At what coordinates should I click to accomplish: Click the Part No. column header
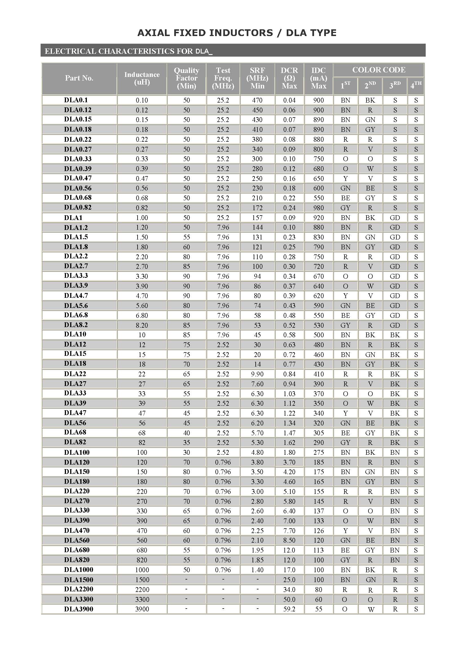(79, 78)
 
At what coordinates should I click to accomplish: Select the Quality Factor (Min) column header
(186, 78)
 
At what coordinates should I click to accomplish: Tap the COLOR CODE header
(379, 70)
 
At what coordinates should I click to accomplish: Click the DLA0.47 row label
(78, 178)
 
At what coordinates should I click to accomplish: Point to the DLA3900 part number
(79, 609)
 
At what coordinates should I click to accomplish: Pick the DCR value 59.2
(289, 609)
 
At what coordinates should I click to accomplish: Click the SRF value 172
(257, 208)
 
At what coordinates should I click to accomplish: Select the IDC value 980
(318, 208)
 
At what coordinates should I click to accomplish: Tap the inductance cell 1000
(142, 570)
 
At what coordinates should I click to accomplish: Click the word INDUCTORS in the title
(241, 33)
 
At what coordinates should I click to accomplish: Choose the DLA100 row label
(77, 452)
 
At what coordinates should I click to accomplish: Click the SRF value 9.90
(257, 374)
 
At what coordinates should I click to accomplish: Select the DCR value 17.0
(289, 570)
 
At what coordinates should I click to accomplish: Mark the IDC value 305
(318, 433)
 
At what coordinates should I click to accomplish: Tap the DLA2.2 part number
(76, 256)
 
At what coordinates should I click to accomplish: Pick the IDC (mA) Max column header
(318, 78)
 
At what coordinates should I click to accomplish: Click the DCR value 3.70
(289, 462)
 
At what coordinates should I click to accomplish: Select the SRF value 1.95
(257, 550)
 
